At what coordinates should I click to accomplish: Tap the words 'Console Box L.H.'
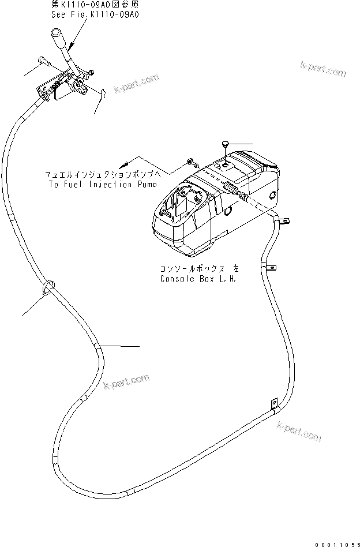[198, 278]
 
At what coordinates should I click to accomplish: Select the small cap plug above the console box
[225, 144]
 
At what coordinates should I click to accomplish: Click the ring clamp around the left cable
[48, 287]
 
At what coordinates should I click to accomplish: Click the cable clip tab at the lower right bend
[273, 402]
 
